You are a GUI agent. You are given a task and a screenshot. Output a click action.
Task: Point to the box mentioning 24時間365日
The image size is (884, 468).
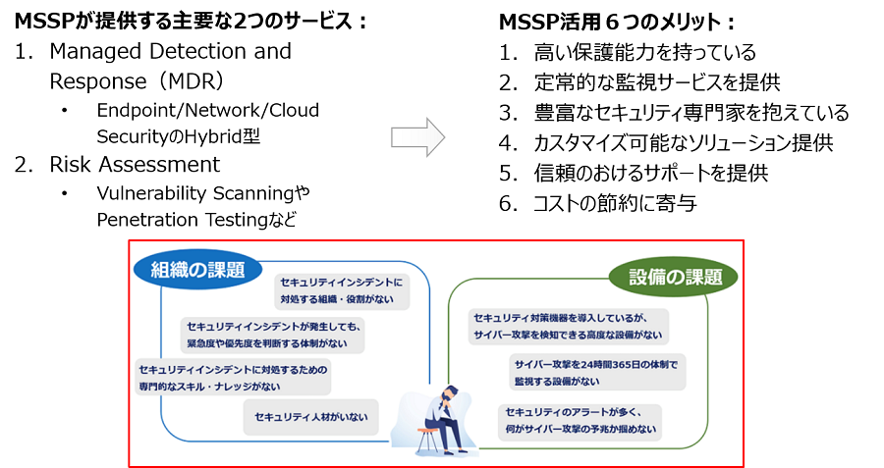pyautogui.click(x=595, y=372)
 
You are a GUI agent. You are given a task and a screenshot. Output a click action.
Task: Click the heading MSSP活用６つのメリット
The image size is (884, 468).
pyautogui.click(x=618, y=22)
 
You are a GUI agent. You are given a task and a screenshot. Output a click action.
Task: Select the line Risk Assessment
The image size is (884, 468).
pyautogui.click(x=135, y=164)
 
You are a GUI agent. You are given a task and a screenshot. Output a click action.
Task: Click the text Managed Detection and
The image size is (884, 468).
pyautogui.click(x=170, y=50)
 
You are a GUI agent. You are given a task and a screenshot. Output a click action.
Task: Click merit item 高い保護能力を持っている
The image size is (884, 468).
pyautogui.click(x=644, y=52)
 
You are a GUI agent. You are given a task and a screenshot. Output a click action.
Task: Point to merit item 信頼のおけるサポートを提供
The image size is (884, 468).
pyautogui.click(x=650, y=174)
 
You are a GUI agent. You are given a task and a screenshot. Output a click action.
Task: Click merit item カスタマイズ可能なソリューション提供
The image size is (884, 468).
pyautogui.click(x=683, y=143)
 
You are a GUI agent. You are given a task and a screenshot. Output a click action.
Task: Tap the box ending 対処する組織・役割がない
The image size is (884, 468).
pyautogui.click(x=341, y=289)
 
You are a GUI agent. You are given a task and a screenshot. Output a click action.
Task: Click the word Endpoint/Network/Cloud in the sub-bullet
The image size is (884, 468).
pyautogui.click(x=207, y=111)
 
